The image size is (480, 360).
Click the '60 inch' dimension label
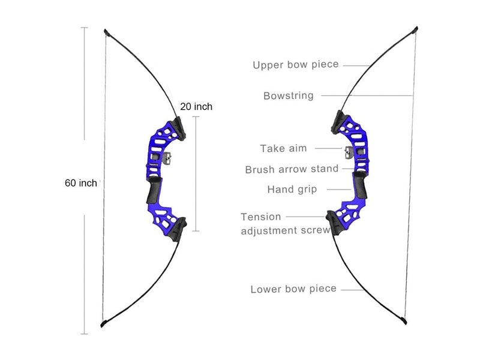click(80, 184)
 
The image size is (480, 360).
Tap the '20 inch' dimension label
click(196, 106)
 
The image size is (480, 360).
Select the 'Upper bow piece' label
click(296, 65)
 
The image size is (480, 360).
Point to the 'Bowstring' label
click(289, 95)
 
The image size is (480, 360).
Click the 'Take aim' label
click(284, 148)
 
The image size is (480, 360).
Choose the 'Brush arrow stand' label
click(292, 169)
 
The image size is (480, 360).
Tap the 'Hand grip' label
click(292, 190)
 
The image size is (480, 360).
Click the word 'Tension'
click(261, 217)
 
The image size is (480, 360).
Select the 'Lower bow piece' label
click(293, 289)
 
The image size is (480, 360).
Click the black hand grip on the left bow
click(152, 192)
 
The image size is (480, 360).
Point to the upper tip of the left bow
click(106, 31)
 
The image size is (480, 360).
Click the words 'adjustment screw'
click(285, 230)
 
